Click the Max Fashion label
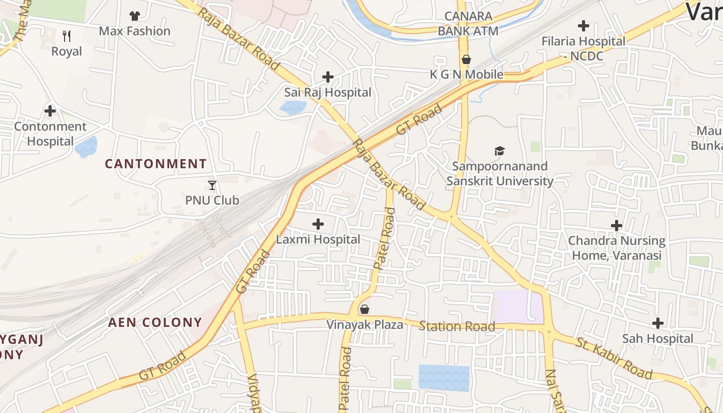click(x=134, y=31)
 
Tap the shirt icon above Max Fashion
click(x=134, y=16)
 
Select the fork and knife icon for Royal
click(x=66, y=36)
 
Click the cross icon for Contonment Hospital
click(x=50, y=111)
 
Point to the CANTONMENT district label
click(x=155, y=164)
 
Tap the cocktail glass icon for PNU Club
click(x=212, y=185)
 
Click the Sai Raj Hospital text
click(x=327, y=92)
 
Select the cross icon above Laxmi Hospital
click(x=318, y=224)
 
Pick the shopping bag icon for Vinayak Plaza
click(x=365, y=309)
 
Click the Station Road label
click(x=457, y=326)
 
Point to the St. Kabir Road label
click(x=614, y=358)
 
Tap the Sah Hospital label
click(x=657, y=339)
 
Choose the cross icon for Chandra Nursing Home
click(x=616, y=226)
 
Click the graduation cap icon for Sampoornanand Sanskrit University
click(x=499, y=151)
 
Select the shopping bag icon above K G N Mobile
click(x=466, y=59)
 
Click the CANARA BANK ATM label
click(x=468, y=24)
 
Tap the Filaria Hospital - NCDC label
click(x=583, y=49)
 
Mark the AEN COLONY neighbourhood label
click(x=155, y=323)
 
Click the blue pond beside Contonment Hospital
click(x=86, y=147)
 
